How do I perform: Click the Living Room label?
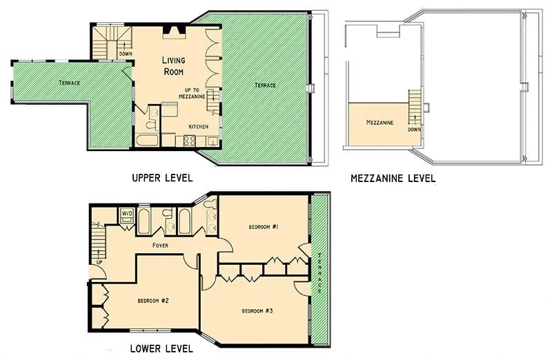173,66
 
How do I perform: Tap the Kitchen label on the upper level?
199,127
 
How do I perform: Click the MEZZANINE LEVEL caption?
393,178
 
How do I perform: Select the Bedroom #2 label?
149,300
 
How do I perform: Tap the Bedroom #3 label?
257,311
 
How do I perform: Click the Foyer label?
160,245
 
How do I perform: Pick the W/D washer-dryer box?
127,213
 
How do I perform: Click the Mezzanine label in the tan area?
379,123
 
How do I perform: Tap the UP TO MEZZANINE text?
199,94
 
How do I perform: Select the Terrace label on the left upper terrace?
68,83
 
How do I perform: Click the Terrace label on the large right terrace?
265,85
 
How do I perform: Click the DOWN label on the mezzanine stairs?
414,129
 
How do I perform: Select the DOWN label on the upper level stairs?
125,53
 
